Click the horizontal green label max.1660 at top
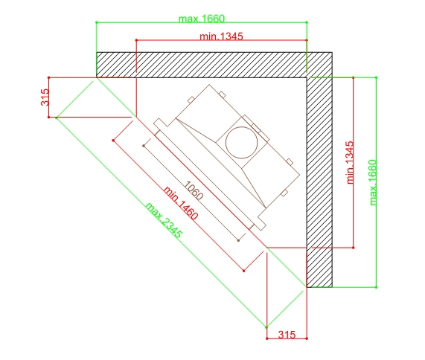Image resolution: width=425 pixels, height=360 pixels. pyautogui.click(x=202, y=19)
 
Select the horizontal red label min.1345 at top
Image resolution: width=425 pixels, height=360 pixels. pyautogui.click(x=222, y=36)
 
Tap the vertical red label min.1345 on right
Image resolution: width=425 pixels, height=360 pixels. pyautogui.click(x=350, y=162)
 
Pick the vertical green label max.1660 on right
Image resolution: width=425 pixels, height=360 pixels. pyautogui.click(x=373, y=182)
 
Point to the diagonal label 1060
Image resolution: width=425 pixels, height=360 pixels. pyautogui.click(x=194, y=190)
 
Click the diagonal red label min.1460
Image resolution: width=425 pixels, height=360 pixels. pyautogui.click(x=181, y=202)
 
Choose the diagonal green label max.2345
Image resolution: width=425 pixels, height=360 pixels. pyautogui.click(x=164, y=220)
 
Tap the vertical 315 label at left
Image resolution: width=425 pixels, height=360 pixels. pyautogui.click(x=45, y=97)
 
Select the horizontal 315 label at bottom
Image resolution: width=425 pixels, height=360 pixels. pyautogui.click(x=287, y=335)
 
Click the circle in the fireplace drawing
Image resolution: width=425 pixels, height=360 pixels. pyautogui.click(x=241, y=143)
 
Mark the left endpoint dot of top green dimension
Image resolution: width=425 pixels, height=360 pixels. pyautogui.click(x=97, y=22)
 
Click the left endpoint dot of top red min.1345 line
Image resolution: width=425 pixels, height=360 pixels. pyautogui.click(x=136, y=40)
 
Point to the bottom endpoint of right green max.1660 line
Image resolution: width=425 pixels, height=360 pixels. pyautogui.click(x=376, y=287)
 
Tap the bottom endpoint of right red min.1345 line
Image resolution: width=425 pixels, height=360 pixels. pyautogui.click(x=353, y=248)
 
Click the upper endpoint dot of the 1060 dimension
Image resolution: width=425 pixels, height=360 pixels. pyautogui.click(x=144, y=146)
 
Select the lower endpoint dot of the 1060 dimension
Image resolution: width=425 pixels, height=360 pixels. pyautogui.click(x=238, y=240)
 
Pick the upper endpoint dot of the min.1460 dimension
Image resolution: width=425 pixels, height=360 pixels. pyautogui.click(x=113, y=141)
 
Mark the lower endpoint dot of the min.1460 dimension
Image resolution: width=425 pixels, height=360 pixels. pyautogui.click(x=244, y=271)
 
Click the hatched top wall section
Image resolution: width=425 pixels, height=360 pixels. pyautogui.click(x=202, y=65)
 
